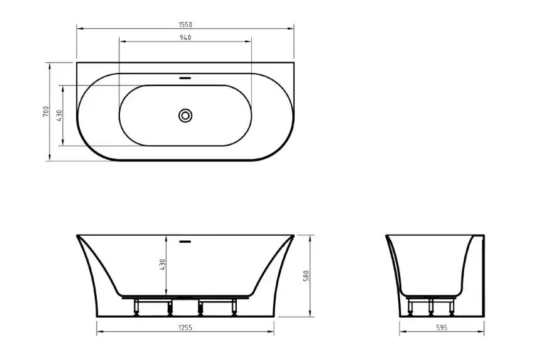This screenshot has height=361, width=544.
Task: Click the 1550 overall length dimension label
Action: (185, 25)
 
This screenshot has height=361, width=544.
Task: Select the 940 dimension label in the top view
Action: (185, 38)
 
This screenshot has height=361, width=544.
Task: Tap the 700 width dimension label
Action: (45, 111)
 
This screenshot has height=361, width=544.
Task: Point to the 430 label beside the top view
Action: (59, 116)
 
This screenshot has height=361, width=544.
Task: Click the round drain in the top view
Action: (185, 115)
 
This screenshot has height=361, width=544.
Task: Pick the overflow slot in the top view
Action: (185, 79)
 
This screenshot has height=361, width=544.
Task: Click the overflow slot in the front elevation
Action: (185, 240)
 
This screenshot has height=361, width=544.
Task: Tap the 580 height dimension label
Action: (307, 275)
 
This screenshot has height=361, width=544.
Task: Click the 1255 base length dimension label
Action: (185, 328)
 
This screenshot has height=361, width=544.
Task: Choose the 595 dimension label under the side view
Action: (442, 328)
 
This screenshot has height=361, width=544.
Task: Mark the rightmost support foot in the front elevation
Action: (234, 308)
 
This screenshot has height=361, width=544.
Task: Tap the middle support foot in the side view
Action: (432, 307)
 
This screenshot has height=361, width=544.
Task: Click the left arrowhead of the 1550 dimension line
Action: (79, 29)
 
